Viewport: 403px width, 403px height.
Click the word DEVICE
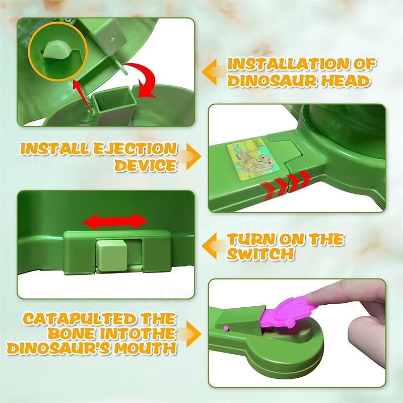146,165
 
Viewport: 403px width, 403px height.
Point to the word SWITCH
260,254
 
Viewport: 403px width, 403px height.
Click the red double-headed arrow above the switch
115,221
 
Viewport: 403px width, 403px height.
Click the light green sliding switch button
111,255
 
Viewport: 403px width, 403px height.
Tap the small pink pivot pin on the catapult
226,328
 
